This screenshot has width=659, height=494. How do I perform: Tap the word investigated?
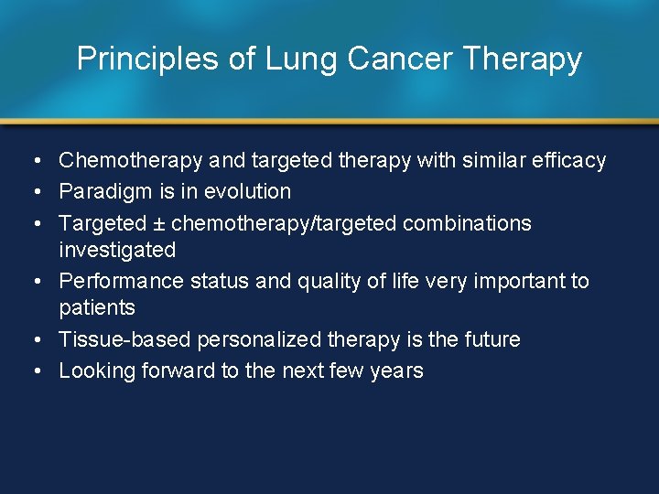point(116,250)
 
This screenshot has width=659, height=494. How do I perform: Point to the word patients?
point(96,307)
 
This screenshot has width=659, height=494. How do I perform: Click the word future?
point(492,339)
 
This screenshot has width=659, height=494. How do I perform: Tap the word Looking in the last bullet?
point(96,370)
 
